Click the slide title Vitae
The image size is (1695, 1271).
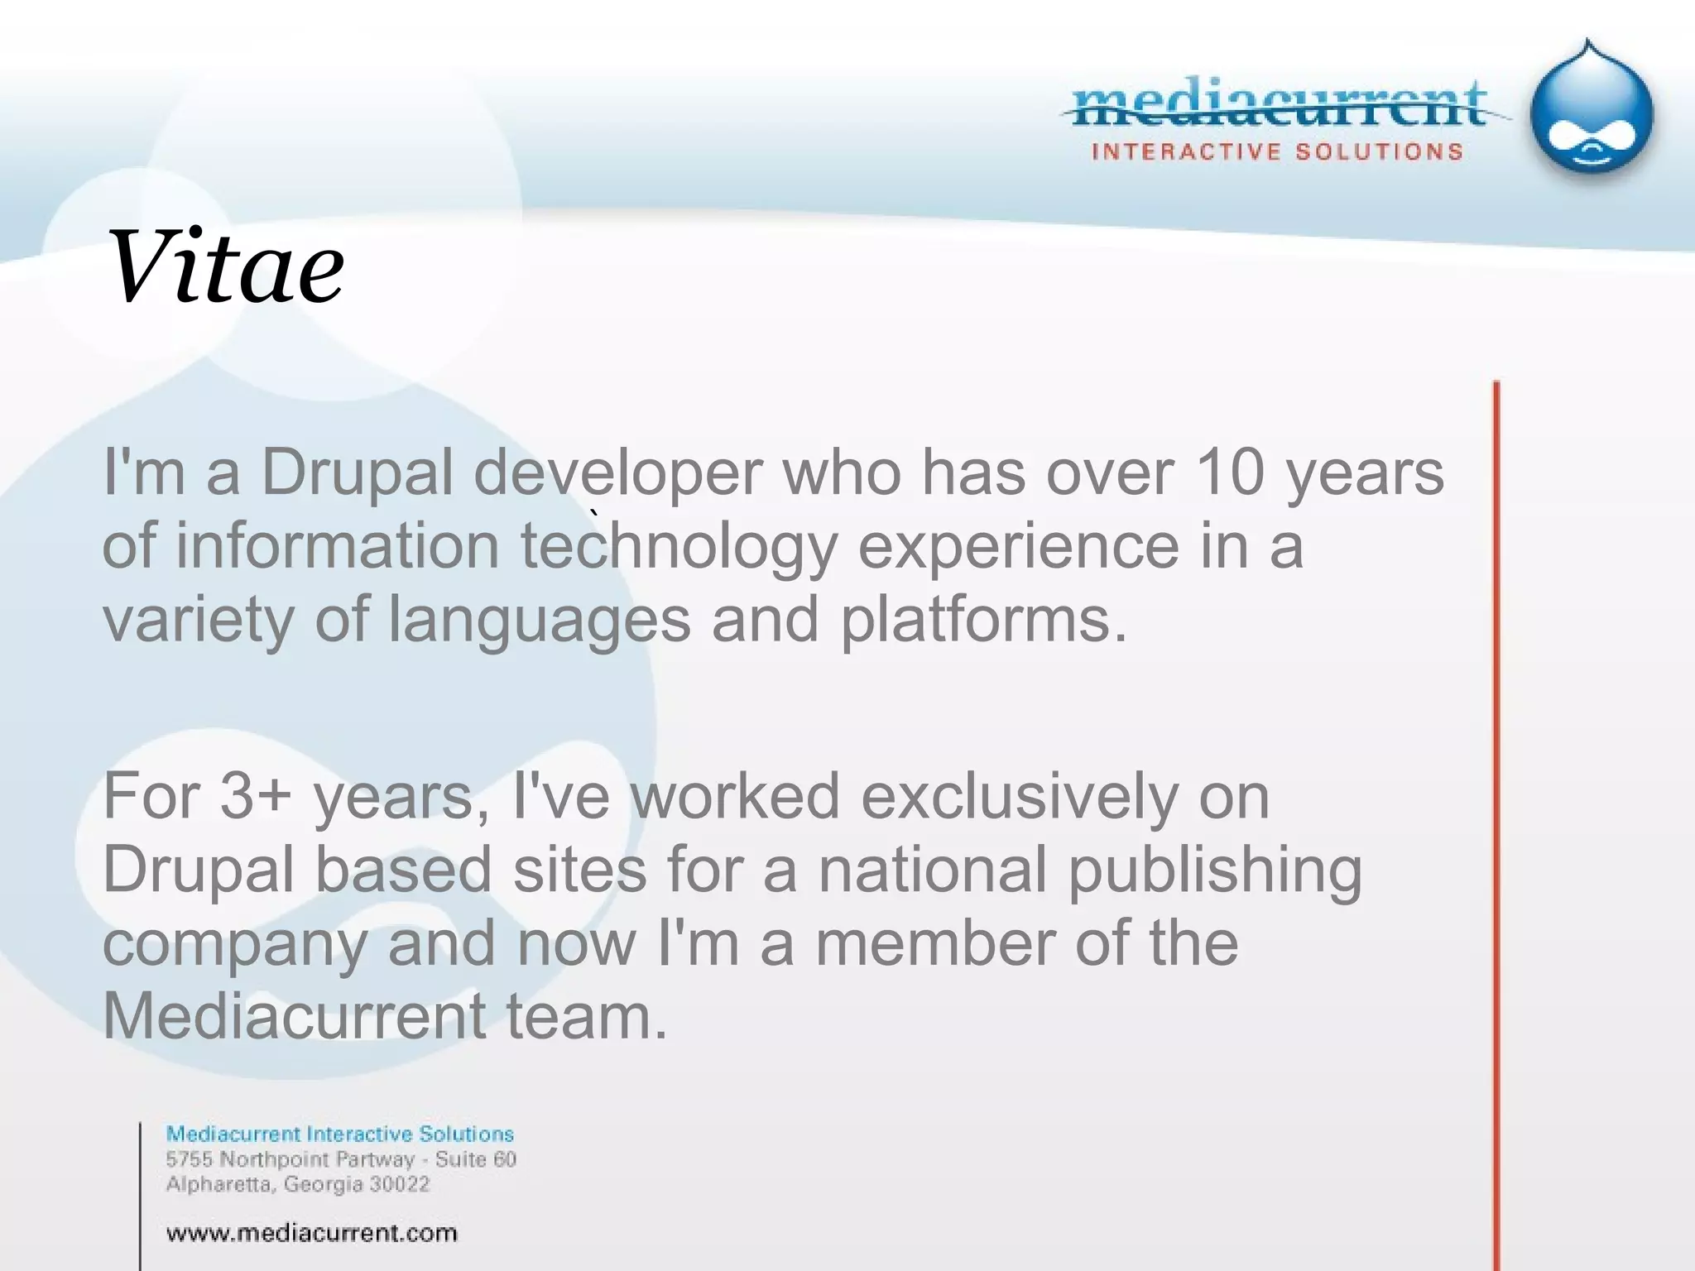[x=225, y=267]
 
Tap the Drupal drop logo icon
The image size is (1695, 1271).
[x=1592, y=112]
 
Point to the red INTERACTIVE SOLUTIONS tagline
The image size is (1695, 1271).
[x=1277, y=152]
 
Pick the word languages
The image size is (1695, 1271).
[x=539, y=621]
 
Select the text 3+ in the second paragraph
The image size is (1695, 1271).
[x=256, y=796]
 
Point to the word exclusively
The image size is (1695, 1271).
[x=1020, y=796]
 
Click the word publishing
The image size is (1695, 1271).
[x=1215, y=871]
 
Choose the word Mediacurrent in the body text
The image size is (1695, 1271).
[x=295, y=1016]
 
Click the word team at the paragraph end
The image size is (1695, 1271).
[x=585, y=1016]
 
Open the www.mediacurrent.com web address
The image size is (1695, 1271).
[x=311, y=1233]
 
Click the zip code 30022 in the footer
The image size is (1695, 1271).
[x=400, y=1184]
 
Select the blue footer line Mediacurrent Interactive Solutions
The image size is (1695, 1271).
[x=340, y=1134]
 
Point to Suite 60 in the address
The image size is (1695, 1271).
[x=476, y=1159]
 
